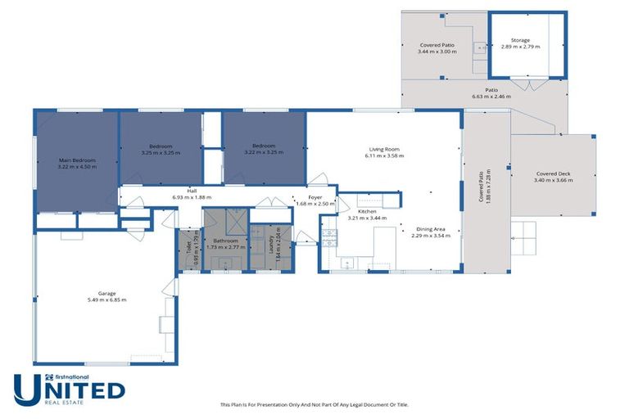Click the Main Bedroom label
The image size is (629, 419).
77,160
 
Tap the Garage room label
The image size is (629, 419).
106,293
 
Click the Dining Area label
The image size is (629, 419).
431,229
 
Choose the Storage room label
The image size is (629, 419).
520,40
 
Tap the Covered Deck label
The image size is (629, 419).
553,173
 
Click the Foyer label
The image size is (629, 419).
315,197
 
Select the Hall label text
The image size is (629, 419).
192,191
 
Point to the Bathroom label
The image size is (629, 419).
225,241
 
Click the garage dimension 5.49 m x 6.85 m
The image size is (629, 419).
106,300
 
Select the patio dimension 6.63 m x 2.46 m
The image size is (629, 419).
491,97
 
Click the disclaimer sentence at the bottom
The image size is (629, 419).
314,404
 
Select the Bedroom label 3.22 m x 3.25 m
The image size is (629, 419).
264,150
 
